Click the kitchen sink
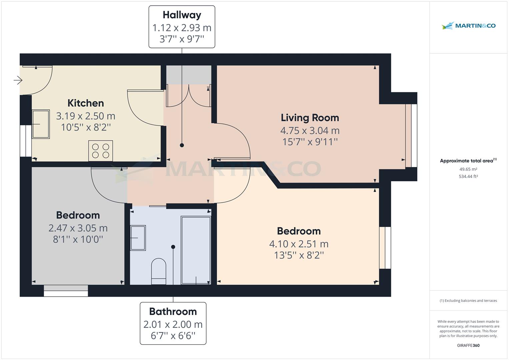click(41, 124)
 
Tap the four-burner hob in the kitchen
click(100, 151)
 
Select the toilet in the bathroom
click(159, 271)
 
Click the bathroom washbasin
click(138, 238)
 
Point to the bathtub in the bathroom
click(196, 250)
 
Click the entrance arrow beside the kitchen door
click(18, 80)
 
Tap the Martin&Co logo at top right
click(468, 26)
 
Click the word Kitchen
click(86, 103)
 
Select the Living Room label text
click(310, 118)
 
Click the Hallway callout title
click(182, 15)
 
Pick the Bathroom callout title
click(173, 311)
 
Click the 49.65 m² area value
click(468, 169)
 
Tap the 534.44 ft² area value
click(468, 176)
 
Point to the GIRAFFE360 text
click(468, 345)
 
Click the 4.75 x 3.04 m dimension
click(310, 131)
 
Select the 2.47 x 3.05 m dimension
click(78, 228)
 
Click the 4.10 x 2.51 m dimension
click(299, 244)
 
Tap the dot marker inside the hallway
click(182, 145)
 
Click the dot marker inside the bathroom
click(173, 247)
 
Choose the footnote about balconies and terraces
click(468, 301)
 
